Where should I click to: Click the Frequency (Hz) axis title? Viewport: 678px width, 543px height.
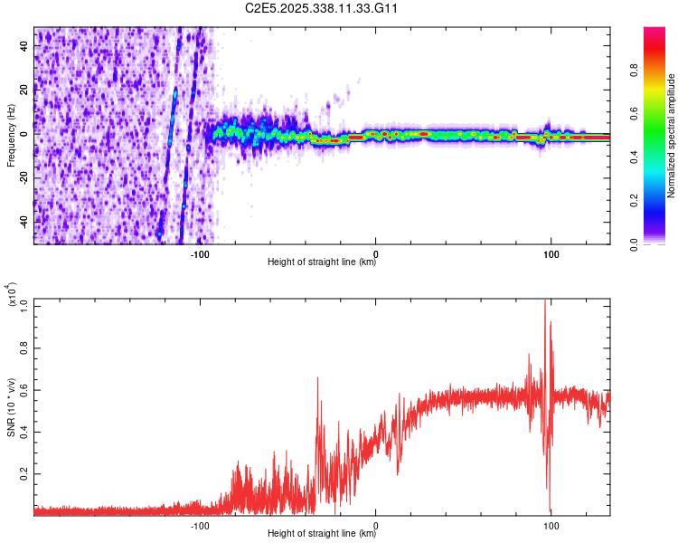[x=12, y=136]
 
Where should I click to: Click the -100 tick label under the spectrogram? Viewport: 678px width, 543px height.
[x=200, y=254]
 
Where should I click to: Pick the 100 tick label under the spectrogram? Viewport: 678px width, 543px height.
[x=551, y=254]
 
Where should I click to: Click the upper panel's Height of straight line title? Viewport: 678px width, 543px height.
[x=322, y=263]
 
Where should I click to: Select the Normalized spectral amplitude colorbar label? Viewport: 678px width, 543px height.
[x=672, y=136]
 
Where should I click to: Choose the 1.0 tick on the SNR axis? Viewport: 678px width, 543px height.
[x=24, y=306]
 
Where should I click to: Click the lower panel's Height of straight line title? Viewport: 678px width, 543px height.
[x=322, y=534]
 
